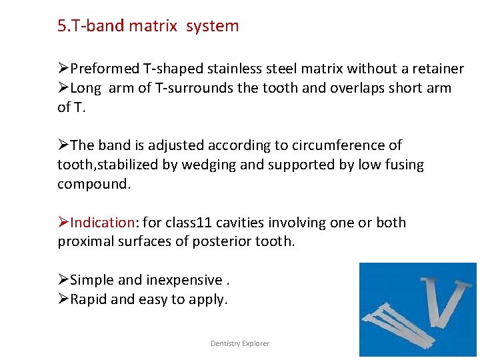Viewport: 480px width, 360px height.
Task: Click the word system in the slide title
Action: click(212, 26)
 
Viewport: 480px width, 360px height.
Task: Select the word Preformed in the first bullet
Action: click(105, 69)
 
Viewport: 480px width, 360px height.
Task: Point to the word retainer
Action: click(436, 69)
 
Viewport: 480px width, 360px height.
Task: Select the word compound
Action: click(94, 184)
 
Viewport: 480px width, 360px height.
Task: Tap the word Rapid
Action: click(89, 299)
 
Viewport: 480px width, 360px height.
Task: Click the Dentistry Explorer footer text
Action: click(240, 343)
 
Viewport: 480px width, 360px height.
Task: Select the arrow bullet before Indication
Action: click(63, 223)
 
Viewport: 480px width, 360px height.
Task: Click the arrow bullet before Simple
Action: click(63, 280)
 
